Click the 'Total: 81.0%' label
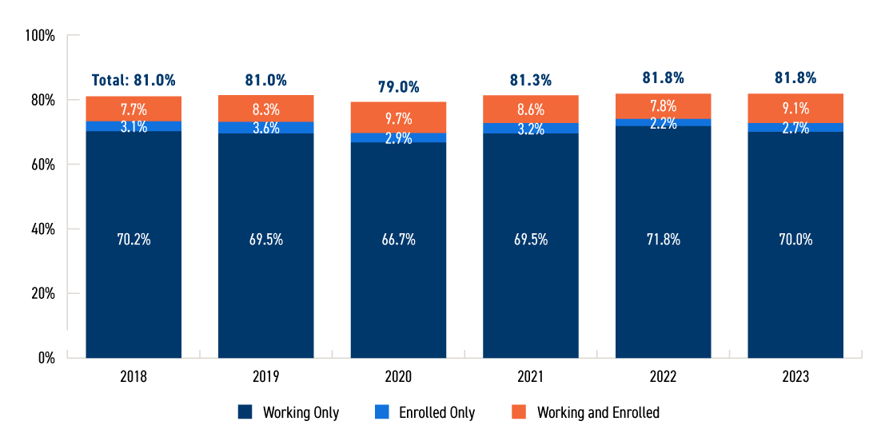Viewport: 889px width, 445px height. [x=134, y=80]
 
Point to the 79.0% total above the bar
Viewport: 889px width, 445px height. [x=398, y=86]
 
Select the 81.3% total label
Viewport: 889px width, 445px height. [x=531, y=80]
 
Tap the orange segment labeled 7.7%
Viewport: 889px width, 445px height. [x=134, y=109]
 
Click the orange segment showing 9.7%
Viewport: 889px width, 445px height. [x=398, y=117]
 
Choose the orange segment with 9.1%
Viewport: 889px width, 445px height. [x=795, y=108]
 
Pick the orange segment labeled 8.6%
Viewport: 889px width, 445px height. [x=531, y=109]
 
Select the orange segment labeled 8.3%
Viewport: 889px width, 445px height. [x=266, y=109]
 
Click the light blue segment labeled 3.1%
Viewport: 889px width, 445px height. [x=134, y=126]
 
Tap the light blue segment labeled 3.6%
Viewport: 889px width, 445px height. [x=266, y=128]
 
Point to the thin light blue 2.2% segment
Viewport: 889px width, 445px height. [x=663, y=123]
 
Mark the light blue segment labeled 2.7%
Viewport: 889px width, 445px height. [x=795, y=128]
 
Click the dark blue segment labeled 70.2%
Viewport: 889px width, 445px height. [x=134, y=240]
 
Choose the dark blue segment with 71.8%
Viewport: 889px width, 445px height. [x=663, y=240]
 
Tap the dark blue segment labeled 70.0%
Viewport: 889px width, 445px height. [x=795, y=240]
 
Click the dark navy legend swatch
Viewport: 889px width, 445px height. [x=245, y=411]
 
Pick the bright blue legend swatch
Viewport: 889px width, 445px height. [x=382, y=411]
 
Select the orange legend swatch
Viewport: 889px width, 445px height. [x=519, y=411]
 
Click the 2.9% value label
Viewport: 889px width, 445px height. [x=398, y=138]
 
